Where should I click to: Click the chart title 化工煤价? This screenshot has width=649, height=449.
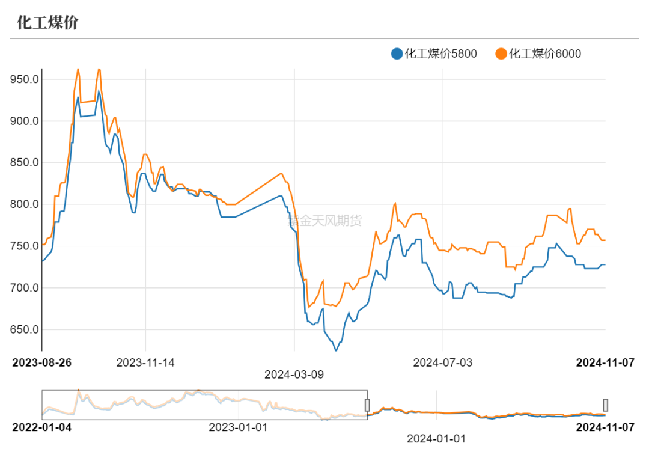[x=47, y=23]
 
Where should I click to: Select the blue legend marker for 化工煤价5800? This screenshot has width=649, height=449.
[x=397, y=54]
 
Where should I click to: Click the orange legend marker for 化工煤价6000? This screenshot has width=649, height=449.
[x=501, y=54]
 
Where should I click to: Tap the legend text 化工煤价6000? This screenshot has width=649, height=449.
[x=545, y=54]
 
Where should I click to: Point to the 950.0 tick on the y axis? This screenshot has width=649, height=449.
[x=24, y=79]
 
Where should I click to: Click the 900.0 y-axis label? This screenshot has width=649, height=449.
[x=24, y=121]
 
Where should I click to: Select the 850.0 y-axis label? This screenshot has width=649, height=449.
[x=24, y=163]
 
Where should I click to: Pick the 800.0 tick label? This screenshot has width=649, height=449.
[x=24, y=205]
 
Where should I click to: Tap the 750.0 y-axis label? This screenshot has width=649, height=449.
[x=24, y=246]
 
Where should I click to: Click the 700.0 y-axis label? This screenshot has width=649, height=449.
[x=24, y=289]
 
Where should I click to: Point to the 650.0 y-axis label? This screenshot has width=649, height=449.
[x=24, y=330]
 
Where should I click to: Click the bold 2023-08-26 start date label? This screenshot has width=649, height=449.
[x=41, y=362]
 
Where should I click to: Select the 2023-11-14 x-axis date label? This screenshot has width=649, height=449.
[x=145, y=362]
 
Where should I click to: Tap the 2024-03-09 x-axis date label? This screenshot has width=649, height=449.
[x=294, y=374]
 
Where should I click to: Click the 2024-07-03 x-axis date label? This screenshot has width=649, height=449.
[x=443, y=362]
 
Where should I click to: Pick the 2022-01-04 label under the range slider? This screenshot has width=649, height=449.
[x=41, y=427]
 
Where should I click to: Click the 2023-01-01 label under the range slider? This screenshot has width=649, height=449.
[x=238, y=427]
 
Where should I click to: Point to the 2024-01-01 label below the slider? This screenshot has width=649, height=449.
[x=436, y=439]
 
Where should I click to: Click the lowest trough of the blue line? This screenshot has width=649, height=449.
[x=336, y=350]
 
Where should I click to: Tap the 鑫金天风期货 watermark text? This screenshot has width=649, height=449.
[x=325, y=221]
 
